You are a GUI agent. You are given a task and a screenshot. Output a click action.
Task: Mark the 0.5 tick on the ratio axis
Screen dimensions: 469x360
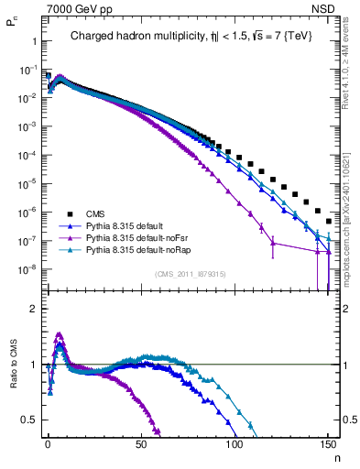(x=27, y=420)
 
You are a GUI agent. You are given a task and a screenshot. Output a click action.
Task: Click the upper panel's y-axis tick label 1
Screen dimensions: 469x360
(x=32, y=42)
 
